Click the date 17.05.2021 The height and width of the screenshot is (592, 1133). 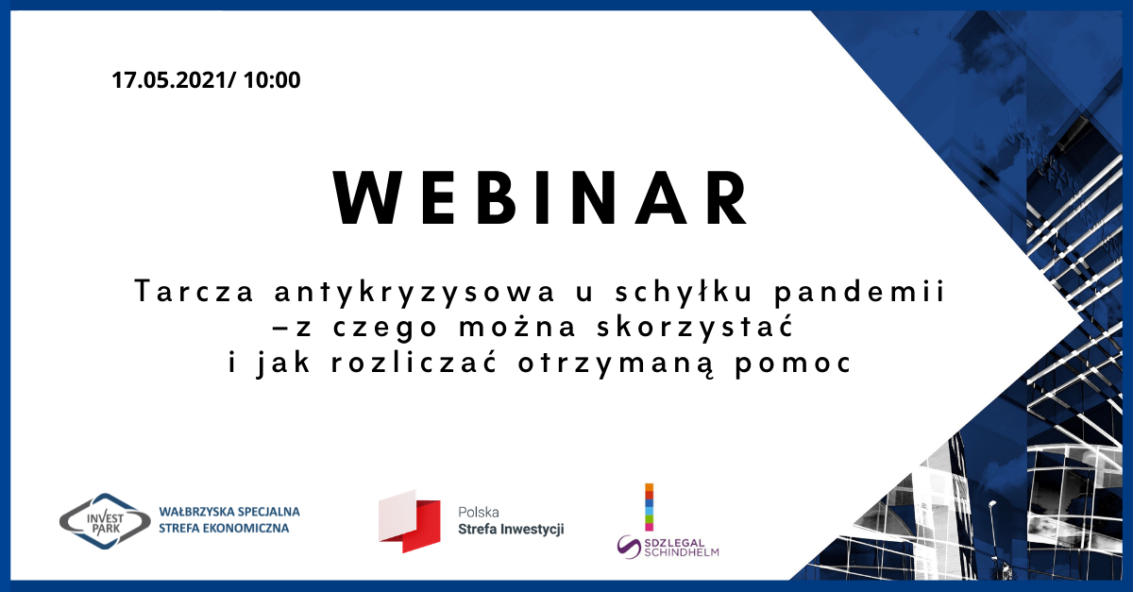coord(169,80)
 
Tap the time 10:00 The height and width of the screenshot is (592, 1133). coord(272,80)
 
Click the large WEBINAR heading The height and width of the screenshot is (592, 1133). coord(540,198)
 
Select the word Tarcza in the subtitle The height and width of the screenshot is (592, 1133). coord(194,292)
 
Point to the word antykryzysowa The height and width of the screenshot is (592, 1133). coord(414,293)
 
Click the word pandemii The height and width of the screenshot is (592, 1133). coord(860,293)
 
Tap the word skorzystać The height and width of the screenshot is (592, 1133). coord(695,327)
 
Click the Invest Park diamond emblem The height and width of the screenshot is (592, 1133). coord(105,521)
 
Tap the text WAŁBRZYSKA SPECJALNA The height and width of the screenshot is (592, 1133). coord(229,512)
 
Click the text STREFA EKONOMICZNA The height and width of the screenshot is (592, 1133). coord(224,528)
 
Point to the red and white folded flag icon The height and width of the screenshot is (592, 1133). coord(410,521)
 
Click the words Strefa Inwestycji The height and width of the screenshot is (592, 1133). coord(511,530)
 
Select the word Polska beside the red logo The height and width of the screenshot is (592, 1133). coord(479,512)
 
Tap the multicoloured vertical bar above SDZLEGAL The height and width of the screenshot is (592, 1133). coord(649,507)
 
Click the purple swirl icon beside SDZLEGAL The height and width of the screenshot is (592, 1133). coord(629,547)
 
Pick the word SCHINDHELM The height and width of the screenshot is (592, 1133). coord(682,552)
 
